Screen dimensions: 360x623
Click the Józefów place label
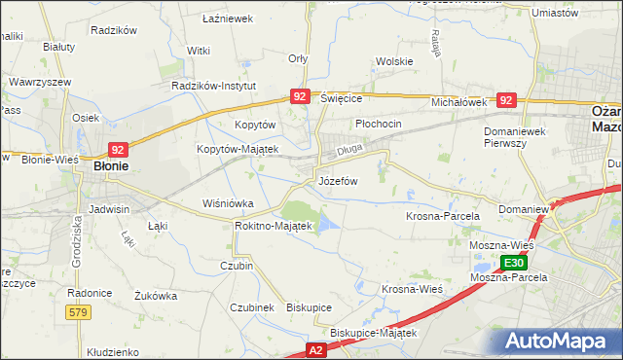pos(338,181)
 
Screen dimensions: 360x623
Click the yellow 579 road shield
pos(80,311)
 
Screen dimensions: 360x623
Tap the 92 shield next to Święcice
pos(299,96)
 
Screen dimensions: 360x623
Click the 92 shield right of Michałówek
pos(505,99)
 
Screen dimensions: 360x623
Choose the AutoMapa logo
pos(560,342)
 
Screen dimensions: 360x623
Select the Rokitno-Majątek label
pos(273,226)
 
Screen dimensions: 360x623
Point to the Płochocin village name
pos(379,125)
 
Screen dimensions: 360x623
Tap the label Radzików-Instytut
pos(213,86)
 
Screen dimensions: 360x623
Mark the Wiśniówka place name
pos(227,203)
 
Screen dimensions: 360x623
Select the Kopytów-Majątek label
pos(238,149)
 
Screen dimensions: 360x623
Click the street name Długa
pos(349,152)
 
